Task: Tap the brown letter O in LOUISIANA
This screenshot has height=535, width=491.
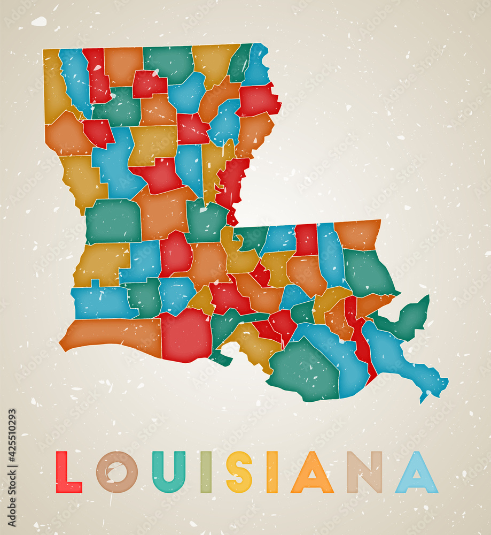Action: [x=117, y=472]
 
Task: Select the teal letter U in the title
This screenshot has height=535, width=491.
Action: [x=168, y=472]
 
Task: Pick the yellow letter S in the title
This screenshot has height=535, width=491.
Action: [x=239, y=472]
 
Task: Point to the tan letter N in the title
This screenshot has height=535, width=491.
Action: [x=364, y=472]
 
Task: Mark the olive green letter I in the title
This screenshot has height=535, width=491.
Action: [x=206, y=472]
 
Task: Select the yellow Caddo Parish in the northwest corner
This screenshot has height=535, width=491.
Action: [x=53, y=86]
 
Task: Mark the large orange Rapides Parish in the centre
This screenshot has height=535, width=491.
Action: [x=163, y=212]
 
